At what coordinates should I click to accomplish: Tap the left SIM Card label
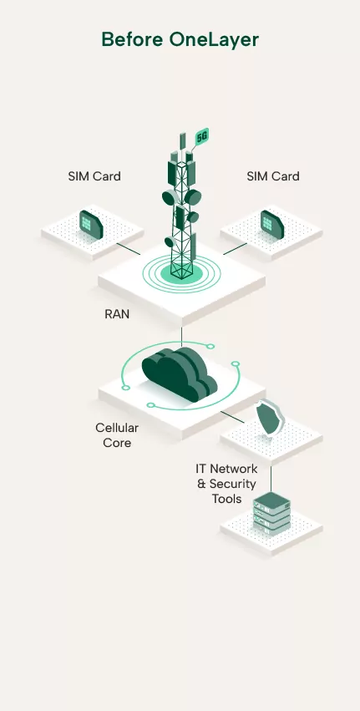tap(94, 176)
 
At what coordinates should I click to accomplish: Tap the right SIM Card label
tap(273, 176)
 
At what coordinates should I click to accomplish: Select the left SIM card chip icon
tap(91, 222)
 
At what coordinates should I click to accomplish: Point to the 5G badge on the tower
tap(201, 136)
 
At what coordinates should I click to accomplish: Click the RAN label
tap(117, 315)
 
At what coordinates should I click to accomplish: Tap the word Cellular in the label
tap(117, 428)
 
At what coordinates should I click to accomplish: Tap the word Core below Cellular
tap(117, 443)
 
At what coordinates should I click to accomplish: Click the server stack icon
tap(271, 512)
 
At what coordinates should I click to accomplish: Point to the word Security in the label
tap(233, 484)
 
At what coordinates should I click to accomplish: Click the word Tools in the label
tap(226, 499)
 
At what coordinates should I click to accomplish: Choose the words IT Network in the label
tap(226, 469)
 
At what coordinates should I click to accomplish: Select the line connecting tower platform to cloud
tap(181, 336)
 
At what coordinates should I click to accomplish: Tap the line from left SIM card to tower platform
tap(128, 248)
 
